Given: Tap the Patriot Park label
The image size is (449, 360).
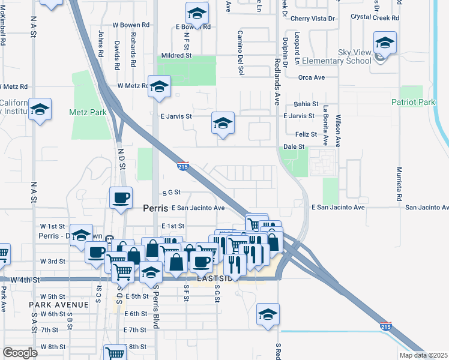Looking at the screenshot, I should [x=413, y=103].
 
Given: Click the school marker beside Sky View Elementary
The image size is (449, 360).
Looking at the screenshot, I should [x=385, y=43].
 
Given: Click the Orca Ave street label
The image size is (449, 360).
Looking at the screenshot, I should [x=312, y=77].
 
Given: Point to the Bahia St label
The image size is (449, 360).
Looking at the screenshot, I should [x=306, y=104].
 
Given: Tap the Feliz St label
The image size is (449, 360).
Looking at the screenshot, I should [x=306, y=135].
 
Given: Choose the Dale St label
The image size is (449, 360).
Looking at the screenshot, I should [x=294, y=146].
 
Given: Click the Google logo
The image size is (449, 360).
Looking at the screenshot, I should [x=20, y=353].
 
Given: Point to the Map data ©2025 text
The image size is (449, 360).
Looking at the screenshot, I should [x=423, y=355].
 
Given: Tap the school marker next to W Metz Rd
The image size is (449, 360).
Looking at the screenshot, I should [x=160, y=87].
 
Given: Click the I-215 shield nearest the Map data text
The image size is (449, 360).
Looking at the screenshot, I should [x=386, y=327].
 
